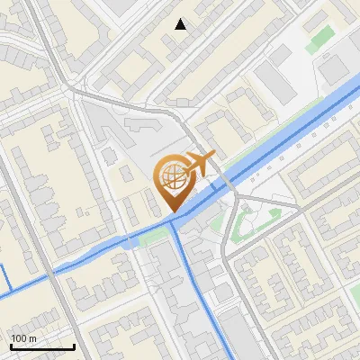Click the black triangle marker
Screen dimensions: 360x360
tap(181, 24)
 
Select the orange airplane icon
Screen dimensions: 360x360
tap(200, 163)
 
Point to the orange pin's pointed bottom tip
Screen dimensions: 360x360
tap(171, 211)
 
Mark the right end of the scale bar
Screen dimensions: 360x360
tap(74, 346)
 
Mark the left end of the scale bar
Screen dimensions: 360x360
tap(11, 346)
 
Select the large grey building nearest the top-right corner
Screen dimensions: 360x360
tap(334, 68)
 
